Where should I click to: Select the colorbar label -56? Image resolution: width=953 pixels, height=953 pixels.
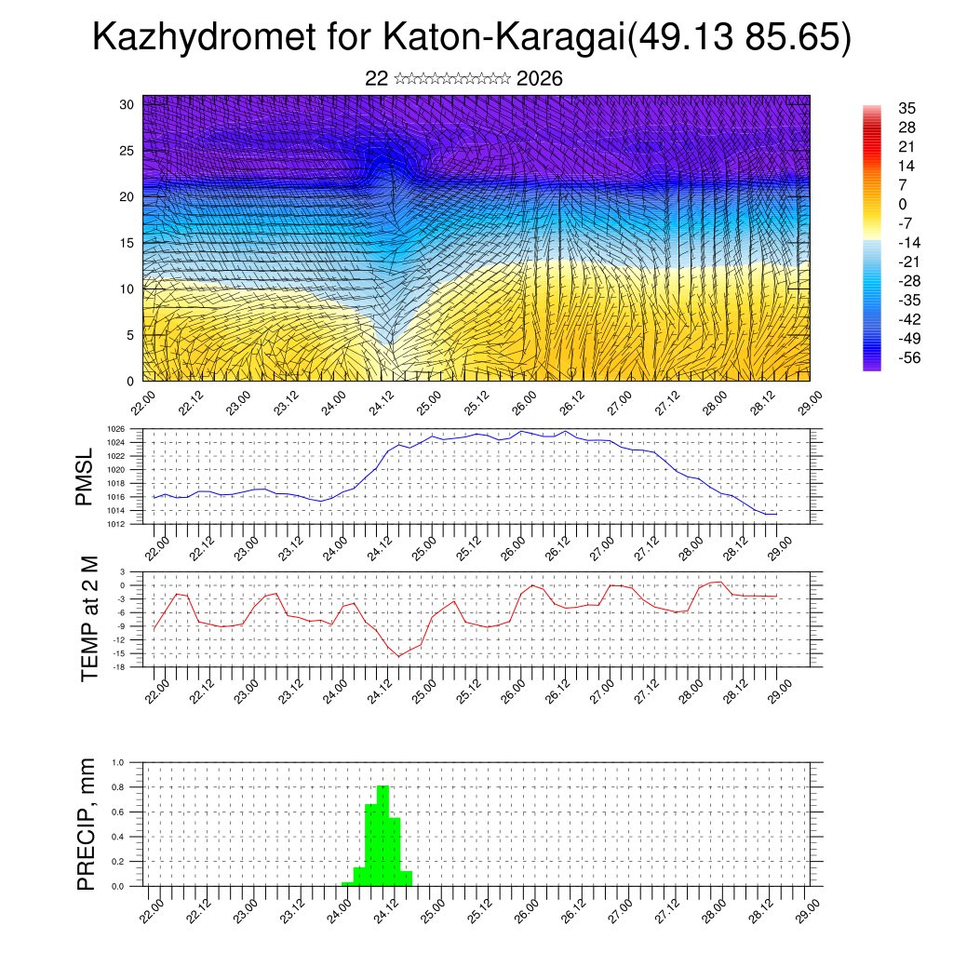point(906,357)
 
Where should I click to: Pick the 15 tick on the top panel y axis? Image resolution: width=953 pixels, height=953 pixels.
point(128,243)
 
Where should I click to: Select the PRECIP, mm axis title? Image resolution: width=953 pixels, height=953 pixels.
point(87,823)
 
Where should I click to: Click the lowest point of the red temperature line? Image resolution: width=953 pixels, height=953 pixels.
point(399,656)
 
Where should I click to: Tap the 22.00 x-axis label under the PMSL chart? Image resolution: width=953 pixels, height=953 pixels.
point(158,544)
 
